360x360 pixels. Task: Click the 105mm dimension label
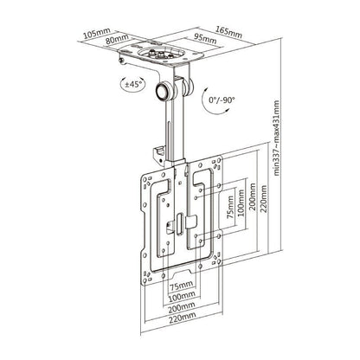94,34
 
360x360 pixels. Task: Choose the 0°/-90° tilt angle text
221,101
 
